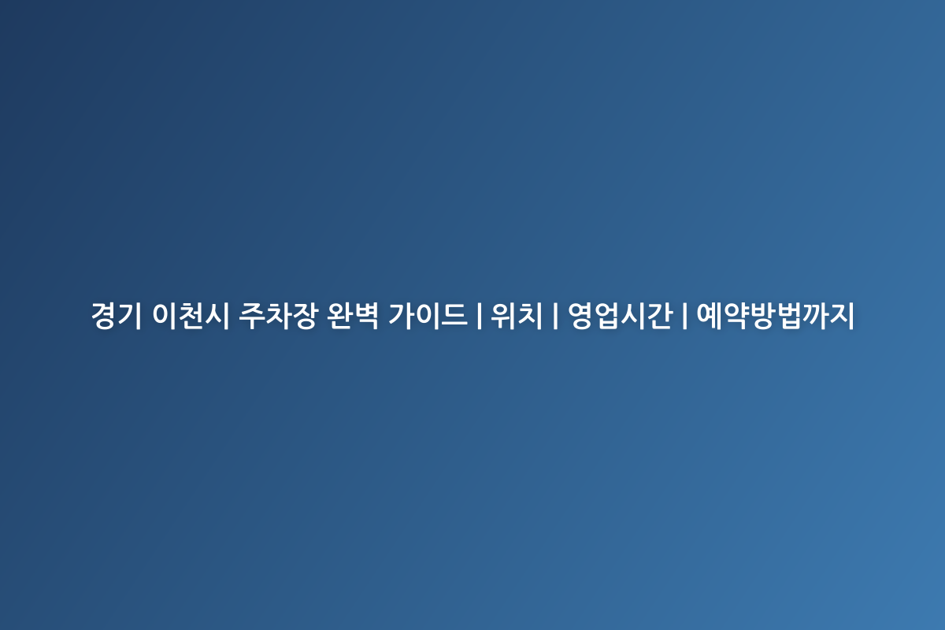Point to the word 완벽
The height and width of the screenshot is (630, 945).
tap(354, 317)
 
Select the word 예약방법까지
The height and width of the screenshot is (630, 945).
tap(776, 317)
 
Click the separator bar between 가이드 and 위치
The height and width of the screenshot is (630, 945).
tap(479, 317)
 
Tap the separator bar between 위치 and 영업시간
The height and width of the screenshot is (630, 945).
tap(555, 317)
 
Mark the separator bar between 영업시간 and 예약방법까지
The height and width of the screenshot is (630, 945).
tap(684, 317)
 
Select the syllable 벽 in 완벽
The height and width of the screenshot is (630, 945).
tap(366, 317)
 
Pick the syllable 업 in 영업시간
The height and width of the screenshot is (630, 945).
tap(607, 317)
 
